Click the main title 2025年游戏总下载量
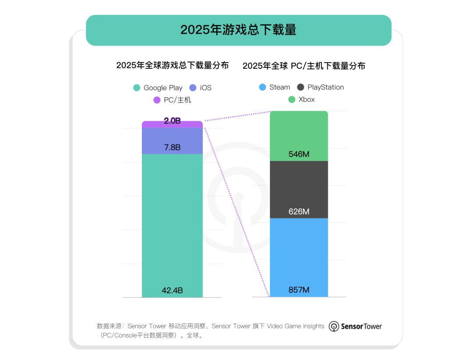pyautogui.click(x=238, y=30)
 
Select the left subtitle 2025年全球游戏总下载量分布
pyautogui.click(x=172, y=66)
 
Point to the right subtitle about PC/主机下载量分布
pyautogui.click(x=304, y=66)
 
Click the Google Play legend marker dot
pyautogui.click(x=137, y=88)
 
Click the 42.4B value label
pyautogui.click(x=172, y=290)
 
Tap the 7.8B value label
pyautogui.click(x=172, y=148)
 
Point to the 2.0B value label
pyautogui.click(x=172, y=121)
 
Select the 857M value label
pyautogui.click(x=299, y=290)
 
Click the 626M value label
pyautogui.click(x=299, y=212)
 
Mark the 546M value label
pyautogui.click(x=299, y=154)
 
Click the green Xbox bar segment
pyautogui.click(x=299, y=131)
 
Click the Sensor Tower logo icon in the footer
pyautogui.click(x=334, y=326)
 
